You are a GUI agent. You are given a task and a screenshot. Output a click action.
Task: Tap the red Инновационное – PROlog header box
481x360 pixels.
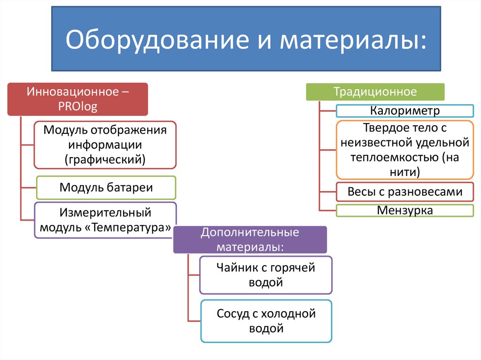click(78, 99)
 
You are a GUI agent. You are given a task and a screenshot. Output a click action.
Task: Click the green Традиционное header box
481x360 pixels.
click(375, 92)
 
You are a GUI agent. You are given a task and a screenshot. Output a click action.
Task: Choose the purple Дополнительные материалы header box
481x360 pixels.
click(249, 239)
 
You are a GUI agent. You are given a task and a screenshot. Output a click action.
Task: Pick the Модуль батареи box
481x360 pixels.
click(106, 188)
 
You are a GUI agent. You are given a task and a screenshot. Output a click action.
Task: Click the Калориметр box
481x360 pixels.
click(404, 111)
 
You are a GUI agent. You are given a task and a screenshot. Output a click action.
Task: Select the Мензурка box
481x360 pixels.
click(404, 210)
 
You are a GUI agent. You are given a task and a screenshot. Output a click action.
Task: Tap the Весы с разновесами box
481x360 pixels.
click(404, 191)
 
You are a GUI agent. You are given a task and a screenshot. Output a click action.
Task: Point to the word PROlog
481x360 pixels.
click(78, 107)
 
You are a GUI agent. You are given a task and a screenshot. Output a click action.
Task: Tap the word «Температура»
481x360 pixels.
click(131, 228)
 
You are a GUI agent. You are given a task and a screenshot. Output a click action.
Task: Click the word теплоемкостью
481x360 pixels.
click(393, 156)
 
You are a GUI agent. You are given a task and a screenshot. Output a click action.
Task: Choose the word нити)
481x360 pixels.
click(404, 171)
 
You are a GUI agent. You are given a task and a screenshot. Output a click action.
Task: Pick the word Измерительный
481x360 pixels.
click(105, 213)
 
